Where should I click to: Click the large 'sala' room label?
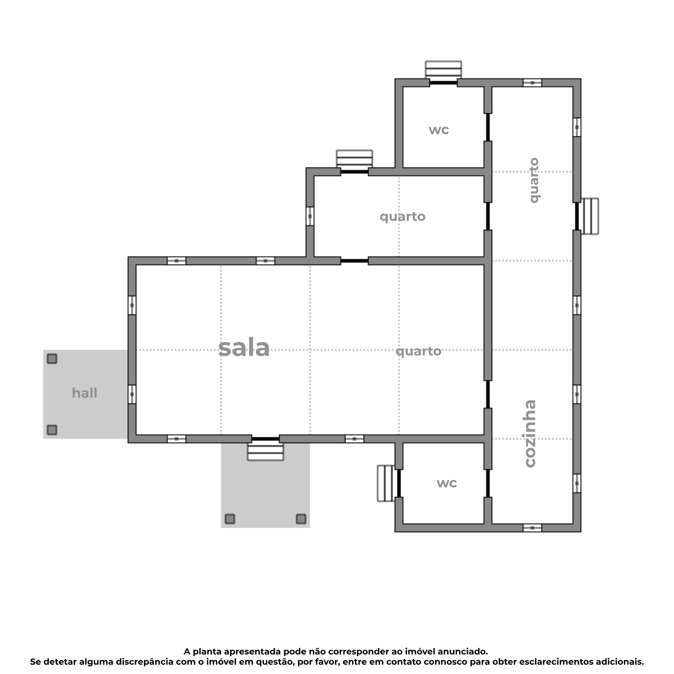pos(244,348)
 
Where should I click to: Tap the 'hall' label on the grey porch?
pos(84,393)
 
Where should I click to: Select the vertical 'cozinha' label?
pos(530,434)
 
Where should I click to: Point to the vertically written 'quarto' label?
pos(534,180)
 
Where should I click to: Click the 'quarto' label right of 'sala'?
pos(418,351)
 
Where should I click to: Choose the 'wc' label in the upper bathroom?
pos(439,130)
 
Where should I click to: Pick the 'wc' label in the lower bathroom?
pos(447,483)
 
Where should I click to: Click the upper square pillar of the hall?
pos(52,359)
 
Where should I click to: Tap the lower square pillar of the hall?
pos(52,430)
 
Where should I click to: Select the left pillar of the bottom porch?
pos(230,518)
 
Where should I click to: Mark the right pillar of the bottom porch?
pos(301,518)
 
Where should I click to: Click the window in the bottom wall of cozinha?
pos(532,528)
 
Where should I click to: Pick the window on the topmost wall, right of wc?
pos(532,83)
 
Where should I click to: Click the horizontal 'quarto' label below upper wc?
pos(402,217)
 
